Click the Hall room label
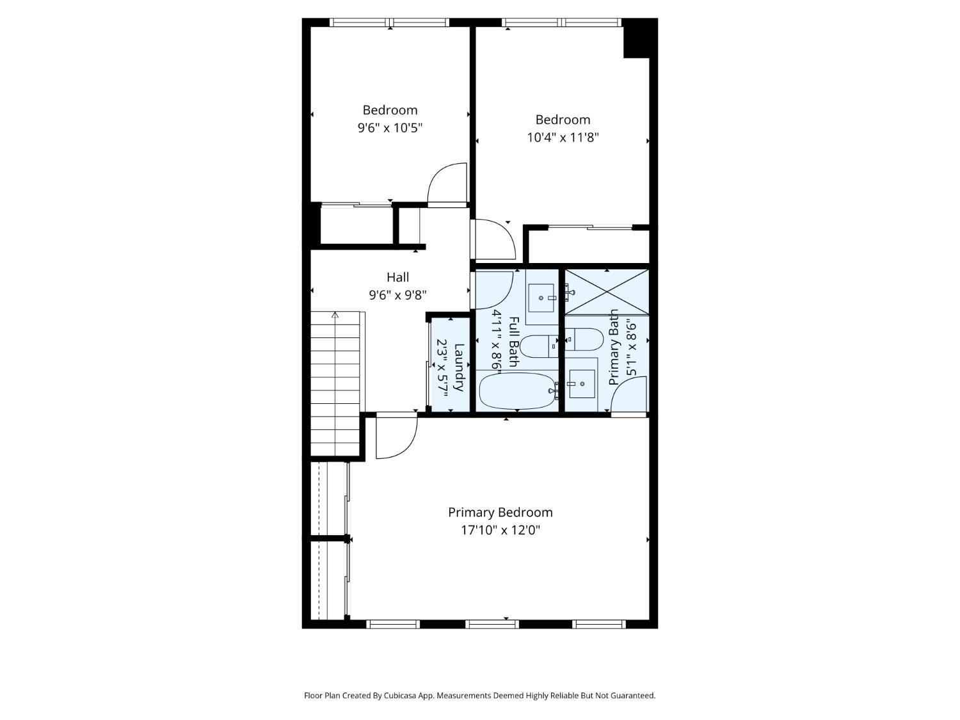coord(397,277)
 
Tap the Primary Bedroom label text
coord(500,513)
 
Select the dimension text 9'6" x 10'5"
coord(390,128)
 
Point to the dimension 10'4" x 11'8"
coord(563,138)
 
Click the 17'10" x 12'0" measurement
coord(500,531)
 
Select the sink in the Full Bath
coord(541,298)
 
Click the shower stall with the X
coord(607,292)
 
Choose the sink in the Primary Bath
coord(582,383)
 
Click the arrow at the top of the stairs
coord(335,314)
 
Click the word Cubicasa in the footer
coord(400,695)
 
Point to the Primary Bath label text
coord(614,347)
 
